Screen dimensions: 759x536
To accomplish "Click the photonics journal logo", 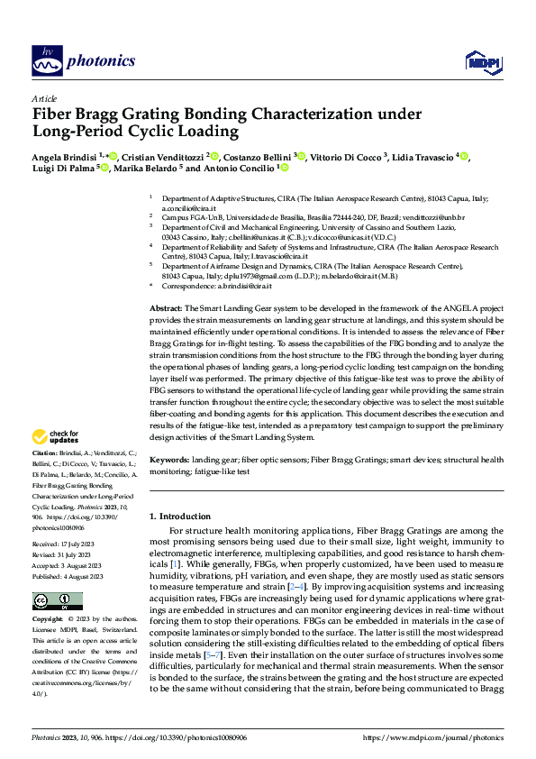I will click(x=83, y=60).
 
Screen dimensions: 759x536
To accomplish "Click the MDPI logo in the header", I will click(x=479, y=60).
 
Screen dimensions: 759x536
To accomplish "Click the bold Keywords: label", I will click(x=168, y=460).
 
